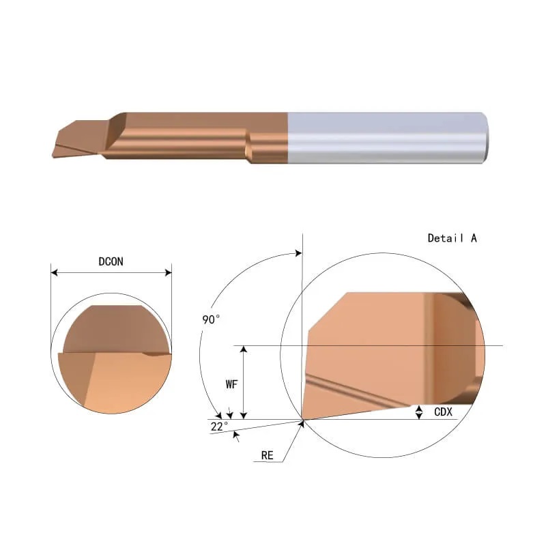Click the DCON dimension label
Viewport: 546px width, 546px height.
[111, 261]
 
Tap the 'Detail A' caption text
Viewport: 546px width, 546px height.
[452, 238]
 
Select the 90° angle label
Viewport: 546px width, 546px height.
[211, 319]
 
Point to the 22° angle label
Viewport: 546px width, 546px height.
[219, 426]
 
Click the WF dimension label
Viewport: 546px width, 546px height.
[231, 384]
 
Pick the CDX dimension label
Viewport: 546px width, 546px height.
[443, 412]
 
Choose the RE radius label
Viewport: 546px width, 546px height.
[267, 455]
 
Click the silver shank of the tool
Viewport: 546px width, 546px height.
[387, 138]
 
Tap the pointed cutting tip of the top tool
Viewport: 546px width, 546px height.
[53, 156]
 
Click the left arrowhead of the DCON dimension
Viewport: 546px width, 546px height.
[55, 272]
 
